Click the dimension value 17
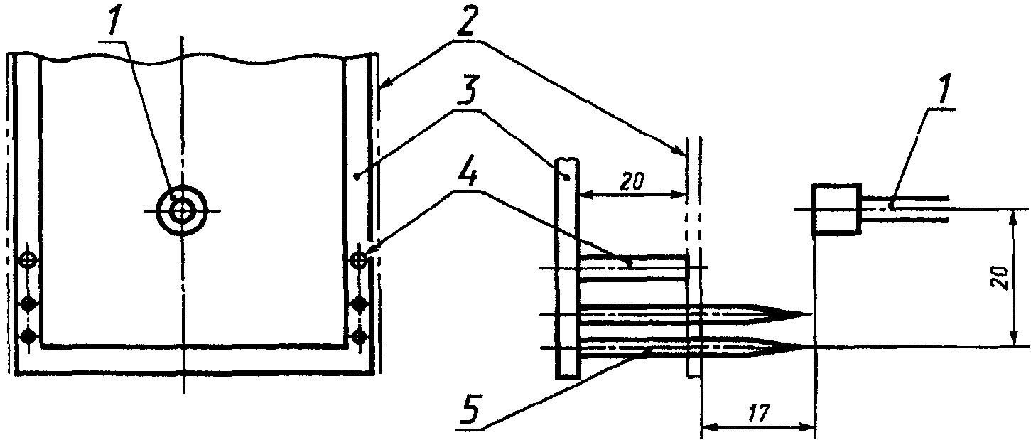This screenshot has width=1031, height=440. click(758, 414)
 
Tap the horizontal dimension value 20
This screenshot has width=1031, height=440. click(632, 183)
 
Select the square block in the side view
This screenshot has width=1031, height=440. click(837, 210)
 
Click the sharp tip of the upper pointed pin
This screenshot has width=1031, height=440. click(811, 315)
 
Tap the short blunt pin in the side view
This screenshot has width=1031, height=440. click(634, 268)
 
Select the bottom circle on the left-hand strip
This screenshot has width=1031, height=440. click(29, 336)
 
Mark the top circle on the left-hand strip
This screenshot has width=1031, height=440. click(29, 260)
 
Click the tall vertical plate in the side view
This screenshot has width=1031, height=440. click(568, 269)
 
